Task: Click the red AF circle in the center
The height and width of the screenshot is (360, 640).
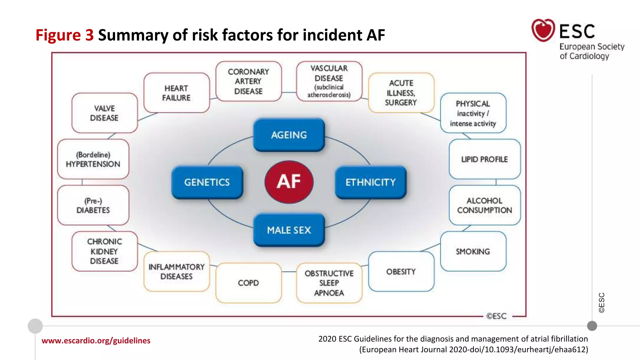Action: pyautogui.click(x=289, y=182)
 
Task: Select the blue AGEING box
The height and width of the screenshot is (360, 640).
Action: pyautogui.click(x=289, y=135)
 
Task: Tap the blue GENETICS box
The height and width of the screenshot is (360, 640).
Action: pyautogui.click(x=207, y=182)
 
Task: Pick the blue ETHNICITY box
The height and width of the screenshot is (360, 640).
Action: pyautogui.click(x=371, y=182)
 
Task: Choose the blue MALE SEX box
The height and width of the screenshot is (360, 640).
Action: pyautogui.click(x=289, y=230)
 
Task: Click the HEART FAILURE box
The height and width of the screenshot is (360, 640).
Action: pyautogui.click(x=176, y=93)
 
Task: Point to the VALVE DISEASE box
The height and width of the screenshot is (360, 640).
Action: pyautogui.click(x=104, y=113)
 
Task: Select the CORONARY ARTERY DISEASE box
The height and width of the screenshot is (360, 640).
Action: pyautogui.click(x=248, y=81)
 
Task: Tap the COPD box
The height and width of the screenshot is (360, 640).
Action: pyautogui.click(x=248, y=283)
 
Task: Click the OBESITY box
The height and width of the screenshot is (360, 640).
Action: pyautogui.click(x=401, y=272)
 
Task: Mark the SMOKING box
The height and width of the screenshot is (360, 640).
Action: pyautogui.click(x=473, y=251)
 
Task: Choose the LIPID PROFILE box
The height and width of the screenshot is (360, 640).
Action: pyautogui.click(x=484, y=159)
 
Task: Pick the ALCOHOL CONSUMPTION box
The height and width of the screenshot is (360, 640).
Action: pyautogui.click(x=484, y=205)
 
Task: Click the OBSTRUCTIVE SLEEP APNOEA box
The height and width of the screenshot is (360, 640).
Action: pyautogui.click(x=329, y=283)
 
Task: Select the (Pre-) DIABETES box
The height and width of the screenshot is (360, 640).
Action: pyautogui.click(x=93, y=205)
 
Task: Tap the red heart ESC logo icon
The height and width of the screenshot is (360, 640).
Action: pyautogui.click(x=543, y=30)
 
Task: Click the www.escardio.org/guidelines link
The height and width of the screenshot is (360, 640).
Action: pyautogui.click(x=96, y=340)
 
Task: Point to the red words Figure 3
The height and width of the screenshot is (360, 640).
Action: pyautogui.click(x=64, y=35)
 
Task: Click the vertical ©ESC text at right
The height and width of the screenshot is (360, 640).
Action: pyautogui.click(x=602, y=302)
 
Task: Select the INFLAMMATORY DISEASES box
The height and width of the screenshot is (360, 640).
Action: pyautogui.click(x=176, y=272)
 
